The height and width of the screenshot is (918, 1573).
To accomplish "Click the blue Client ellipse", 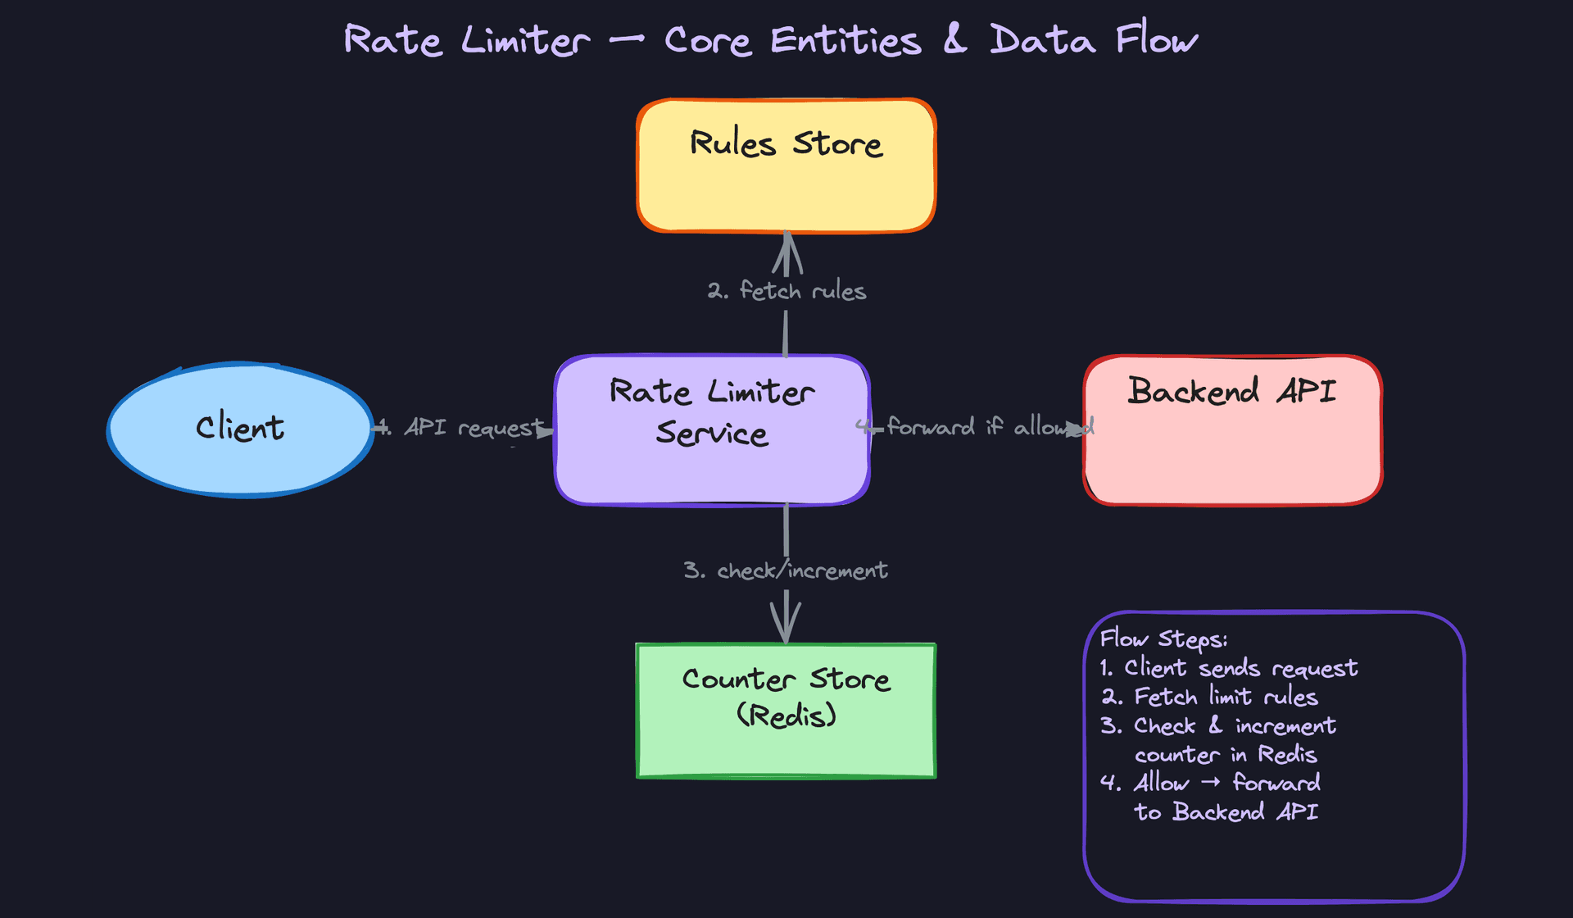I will pos(240,429).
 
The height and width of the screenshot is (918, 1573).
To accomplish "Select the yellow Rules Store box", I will pos(786,166).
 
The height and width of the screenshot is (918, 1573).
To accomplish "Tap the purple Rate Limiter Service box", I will pos(711,430).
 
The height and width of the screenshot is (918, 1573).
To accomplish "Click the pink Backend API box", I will pos(1233,430).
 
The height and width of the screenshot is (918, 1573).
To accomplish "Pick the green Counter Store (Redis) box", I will pos(786,711).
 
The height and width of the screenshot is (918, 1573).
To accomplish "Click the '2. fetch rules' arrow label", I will pos(786,291).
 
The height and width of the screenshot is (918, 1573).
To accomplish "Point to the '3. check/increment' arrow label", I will pos(786,570).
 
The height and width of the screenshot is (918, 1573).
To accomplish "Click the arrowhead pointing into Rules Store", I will pos(786,246).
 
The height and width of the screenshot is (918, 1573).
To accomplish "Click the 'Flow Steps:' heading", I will pos(1163,639).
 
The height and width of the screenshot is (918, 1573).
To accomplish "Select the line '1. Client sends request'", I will pos(1228,668).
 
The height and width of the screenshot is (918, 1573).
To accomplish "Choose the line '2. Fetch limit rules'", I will pos(1209,697).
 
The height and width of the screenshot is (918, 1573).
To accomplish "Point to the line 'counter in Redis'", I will pos(1225,754).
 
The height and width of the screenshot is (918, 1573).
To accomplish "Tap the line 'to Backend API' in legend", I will pos(1226,811).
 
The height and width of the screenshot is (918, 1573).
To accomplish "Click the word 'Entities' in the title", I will pos(845,41).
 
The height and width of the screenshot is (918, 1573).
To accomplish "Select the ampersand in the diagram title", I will pos(954,39).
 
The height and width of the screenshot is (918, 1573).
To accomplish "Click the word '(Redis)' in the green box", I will pos(786,716).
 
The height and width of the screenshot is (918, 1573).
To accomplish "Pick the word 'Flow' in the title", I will pos(1156,39).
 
